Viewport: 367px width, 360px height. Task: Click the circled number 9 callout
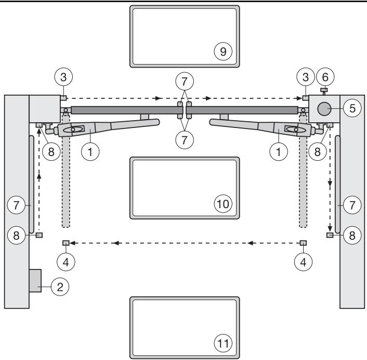click(x=223, y=52)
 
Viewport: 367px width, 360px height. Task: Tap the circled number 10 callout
click(x=223, y=204)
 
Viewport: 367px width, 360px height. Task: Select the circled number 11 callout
click(x=223, y=343)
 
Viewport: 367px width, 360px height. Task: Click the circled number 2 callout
click(x=60, y=287)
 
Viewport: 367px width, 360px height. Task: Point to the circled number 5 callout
click(x=352, y=108)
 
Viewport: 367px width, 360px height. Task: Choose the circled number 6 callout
click(x=325, y=77)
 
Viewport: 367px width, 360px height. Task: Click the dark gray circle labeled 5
click(x=324, y=109)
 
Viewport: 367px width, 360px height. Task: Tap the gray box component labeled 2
click(x=35, y=280)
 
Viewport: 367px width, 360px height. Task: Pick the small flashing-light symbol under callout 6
click(x=324, y=91)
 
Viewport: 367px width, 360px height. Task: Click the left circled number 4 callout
click(x=66, y=262)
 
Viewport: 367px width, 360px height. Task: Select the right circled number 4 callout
click(x=304, y=262)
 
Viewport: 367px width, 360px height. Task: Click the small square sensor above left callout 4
click(x=66, y=243)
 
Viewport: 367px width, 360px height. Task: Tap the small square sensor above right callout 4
click(x=304, y=243)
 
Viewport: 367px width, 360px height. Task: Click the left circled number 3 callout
click(x=63, y=77)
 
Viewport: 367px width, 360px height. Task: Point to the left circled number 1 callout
click(x=90, y=152)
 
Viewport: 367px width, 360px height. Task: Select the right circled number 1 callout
click(x=279, y=152)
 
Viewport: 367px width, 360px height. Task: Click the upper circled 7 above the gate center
click(x=185, y=81)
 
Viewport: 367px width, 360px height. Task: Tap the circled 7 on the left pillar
click(x=16, y=205)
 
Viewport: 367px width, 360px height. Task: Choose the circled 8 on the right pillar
click(x=352, y=235)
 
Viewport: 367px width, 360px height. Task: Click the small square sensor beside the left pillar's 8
click(x=39, y=235)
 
